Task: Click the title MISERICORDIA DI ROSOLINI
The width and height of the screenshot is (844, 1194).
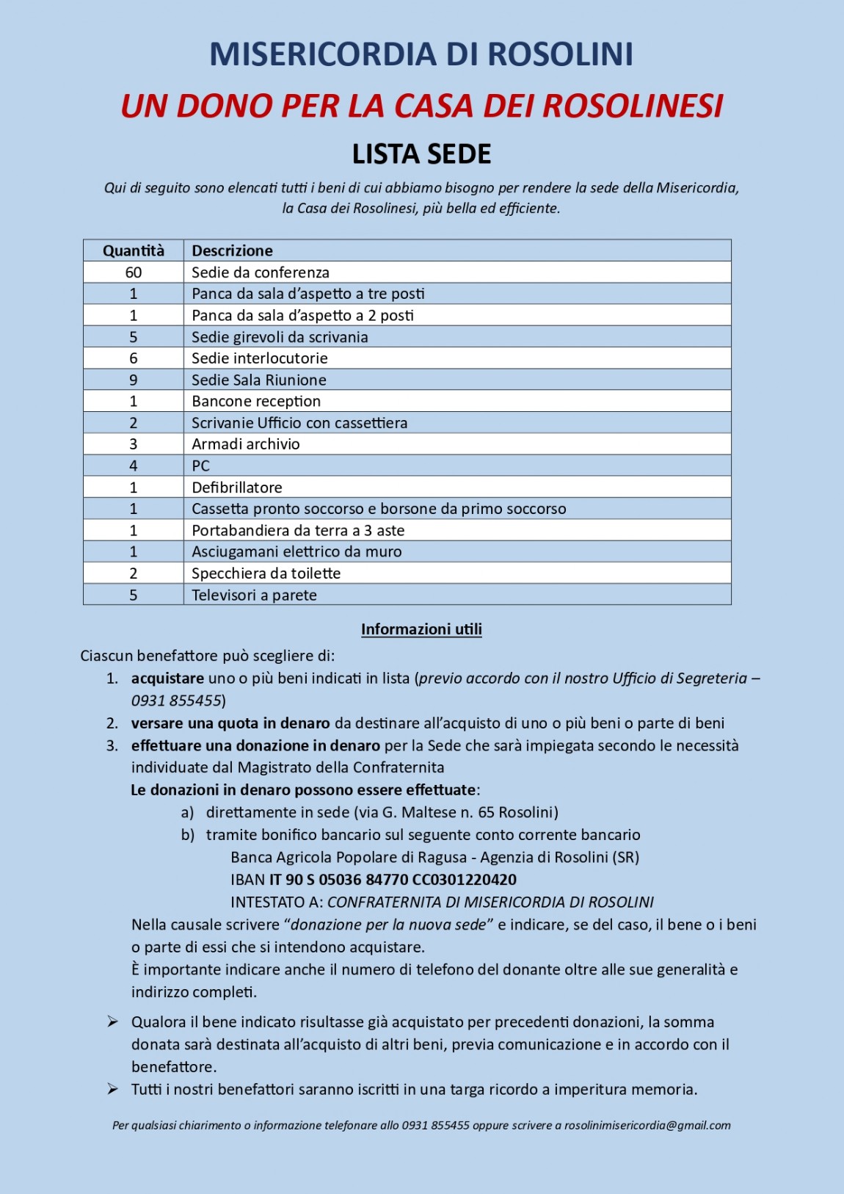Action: (421, 54)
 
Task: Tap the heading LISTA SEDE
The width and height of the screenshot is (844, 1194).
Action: (421, 154)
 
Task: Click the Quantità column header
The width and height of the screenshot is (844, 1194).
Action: (134, 250)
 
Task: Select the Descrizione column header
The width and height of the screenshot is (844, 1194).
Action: (232, 250)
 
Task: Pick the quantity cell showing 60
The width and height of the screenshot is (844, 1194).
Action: (134, 272)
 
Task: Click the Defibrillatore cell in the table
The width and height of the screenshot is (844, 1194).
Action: (236, 488)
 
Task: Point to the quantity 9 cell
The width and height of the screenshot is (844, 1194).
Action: (134, 380)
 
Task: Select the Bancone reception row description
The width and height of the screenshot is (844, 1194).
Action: (256, 402)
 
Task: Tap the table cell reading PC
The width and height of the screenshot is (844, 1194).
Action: (200, 466)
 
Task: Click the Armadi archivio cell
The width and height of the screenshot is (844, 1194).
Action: (245, 444)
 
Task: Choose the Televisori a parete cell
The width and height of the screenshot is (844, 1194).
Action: (254, 595)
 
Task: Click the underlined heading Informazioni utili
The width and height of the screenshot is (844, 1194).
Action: (421, 629)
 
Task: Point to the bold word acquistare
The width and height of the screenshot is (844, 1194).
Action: (167, 679)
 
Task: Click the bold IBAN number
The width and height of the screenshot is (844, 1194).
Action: (393, 880)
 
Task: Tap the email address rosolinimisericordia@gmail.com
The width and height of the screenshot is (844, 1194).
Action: (647, 1125)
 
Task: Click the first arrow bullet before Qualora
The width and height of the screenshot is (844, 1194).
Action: (112, 1021)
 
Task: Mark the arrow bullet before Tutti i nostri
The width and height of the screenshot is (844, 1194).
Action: (112, 1089)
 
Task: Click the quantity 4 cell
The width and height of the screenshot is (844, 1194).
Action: (134, 466)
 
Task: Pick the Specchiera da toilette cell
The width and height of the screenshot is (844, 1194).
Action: (266, 574)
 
